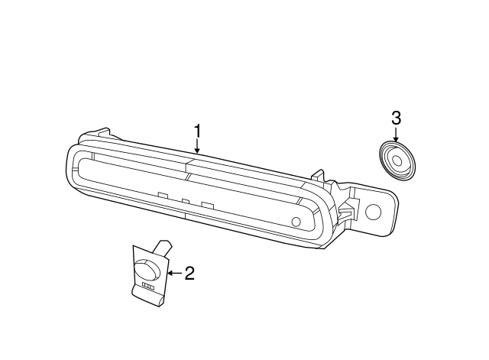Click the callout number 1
pos(197,131)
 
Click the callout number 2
pos(189,272)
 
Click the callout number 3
pos(396,118)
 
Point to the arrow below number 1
pos(197,147)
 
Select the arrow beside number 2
pos(174,272)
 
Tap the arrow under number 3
pos(396,134)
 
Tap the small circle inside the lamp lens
pos(296,222)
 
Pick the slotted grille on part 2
pos(148,287)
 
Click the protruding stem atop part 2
pos(163,247)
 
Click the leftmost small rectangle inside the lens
pos(162,195)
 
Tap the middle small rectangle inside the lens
pos(185,200)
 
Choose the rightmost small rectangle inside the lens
pos(206,204)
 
